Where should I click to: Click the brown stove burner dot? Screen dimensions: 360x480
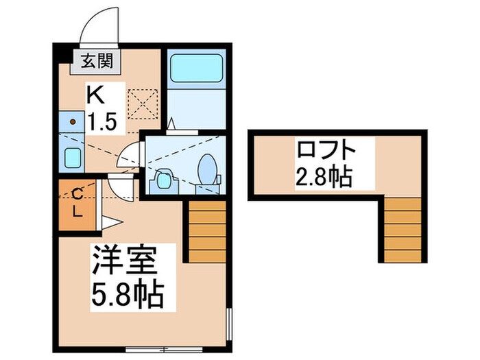[73, 121]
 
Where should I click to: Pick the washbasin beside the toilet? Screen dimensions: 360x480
[163, 180]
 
